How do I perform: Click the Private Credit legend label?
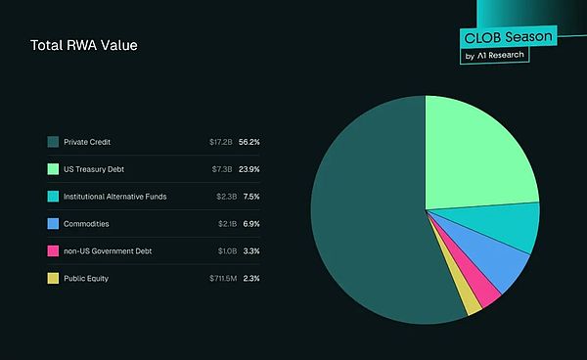coord(87,142)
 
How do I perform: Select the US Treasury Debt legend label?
coord(95,169)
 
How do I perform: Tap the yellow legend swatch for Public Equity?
coord(53,279)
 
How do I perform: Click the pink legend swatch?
coord(53,251)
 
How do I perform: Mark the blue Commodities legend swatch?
coord(53,224)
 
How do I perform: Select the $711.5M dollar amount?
coord(215,279)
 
